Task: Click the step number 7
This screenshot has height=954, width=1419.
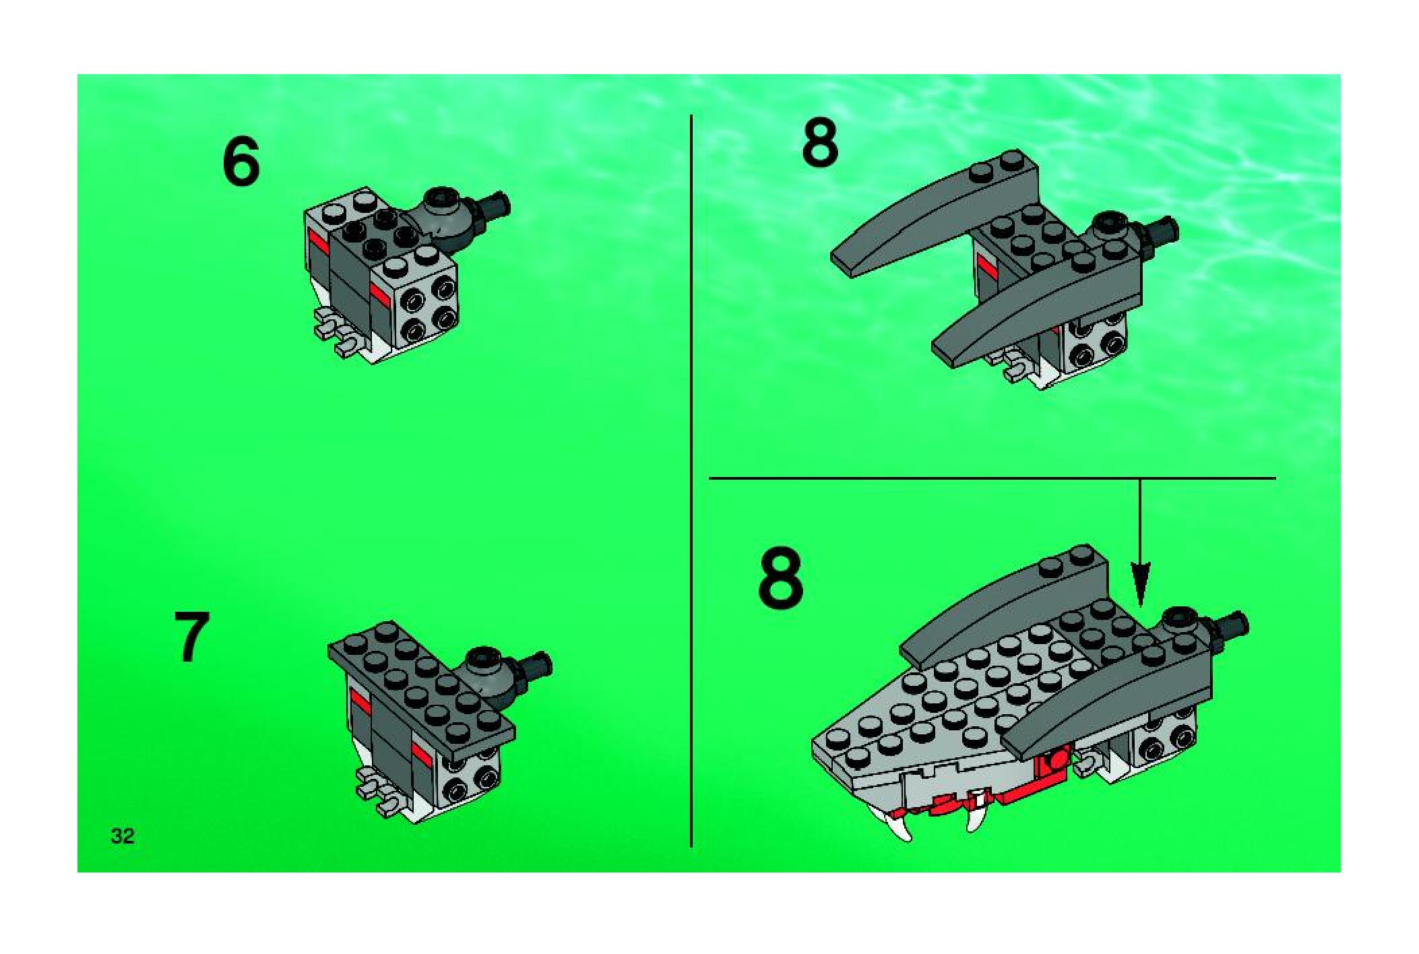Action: (x=191, y=637)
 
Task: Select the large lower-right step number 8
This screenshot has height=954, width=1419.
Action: (x=781, y=577)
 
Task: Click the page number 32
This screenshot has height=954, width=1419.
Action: (x=123, y=836)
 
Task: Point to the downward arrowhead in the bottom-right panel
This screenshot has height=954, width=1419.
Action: (x=1139, y=590)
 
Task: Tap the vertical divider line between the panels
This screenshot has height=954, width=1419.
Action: (x=691, y=481)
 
